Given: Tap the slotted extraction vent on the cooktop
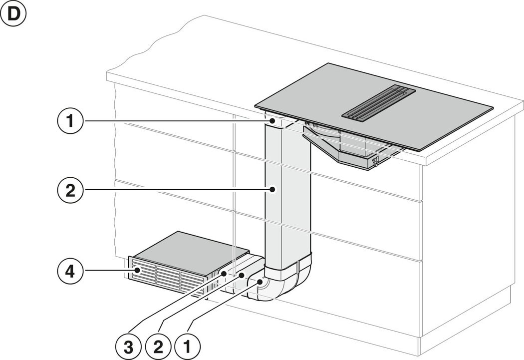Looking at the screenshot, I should [378, 102].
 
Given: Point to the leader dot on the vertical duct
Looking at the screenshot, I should [272, 189].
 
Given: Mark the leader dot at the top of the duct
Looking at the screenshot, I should [272, 121].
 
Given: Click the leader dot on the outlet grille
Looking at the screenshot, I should [136, 272].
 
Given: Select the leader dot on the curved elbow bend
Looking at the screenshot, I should [260, 283].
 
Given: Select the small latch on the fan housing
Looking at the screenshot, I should [375, 161].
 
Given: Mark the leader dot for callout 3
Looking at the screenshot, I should [224, 274].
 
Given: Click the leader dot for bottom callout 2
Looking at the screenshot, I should [241, 275].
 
